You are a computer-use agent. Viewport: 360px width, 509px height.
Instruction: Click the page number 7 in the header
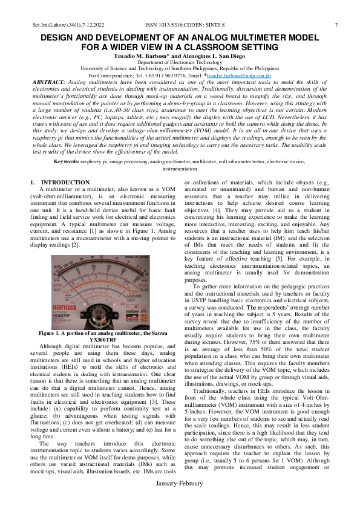coord(336,25)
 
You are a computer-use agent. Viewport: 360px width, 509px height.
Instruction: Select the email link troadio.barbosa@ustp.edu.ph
coord(245,76)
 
